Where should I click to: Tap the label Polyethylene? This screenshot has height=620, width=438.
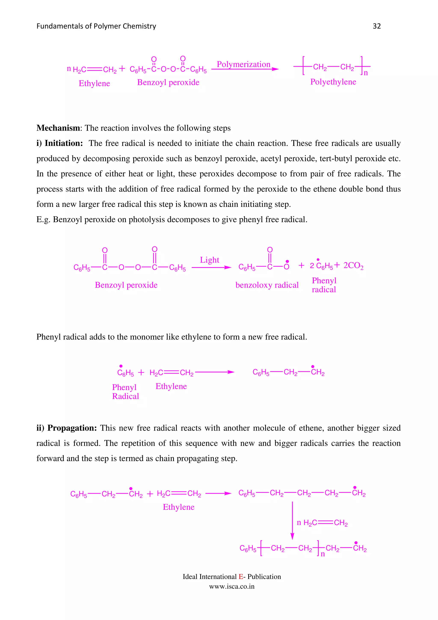click(333, 82)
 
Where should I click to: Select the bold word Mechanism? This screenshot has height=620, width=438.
click(58, 128)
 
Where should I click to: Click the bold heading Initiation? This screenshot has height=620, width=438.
click(64, 143)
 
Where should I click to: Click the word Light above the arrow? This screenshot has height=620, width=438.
click(209, 260)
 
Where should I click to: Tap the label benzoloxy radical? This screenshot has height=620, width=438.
click(267, 285)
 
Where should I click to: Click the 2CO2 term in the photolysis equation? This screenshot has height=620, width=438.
click(353, 266)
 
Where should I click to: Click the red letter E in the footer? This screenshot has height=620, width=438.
click(240, 577)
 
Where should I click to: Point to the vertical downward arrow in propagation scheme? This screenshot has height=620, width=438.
click(292, 521)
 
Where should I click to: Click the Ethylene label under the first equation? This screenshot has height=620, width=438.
click(94, 83)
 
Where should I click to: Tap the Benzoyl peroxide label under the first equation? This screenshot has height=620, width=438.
click(168, 82)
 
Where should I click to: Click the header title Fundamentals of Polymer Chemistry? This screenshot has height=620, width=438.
click(96, 26)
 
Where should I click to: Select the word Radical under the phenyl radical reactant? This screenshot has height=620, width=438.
click(126, 396)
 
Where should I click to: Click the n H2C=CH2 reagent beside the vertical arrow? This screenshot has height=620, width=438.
click(322, 523)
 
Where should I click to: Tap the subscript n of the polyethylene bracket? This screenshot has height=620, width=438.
click(366, 73)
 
